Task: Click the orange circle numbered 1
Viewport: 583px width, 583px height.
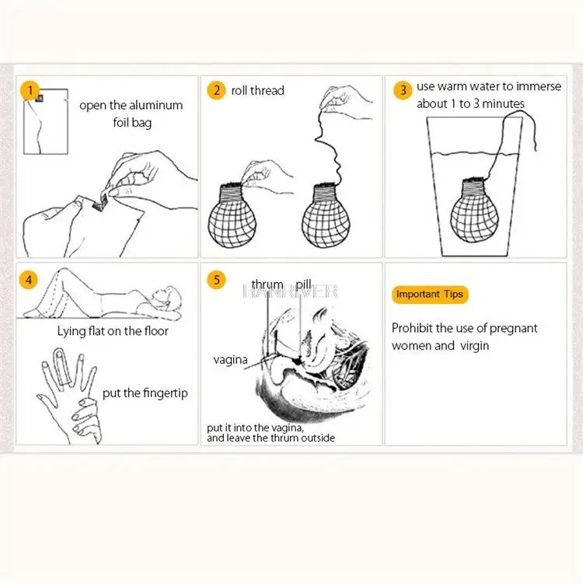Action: (x=30, y=91)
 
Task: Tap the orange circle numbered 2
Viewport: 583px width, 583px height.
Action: (x=215, y=90)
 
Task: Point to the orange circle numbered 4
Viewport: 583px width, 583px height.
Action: (x=30, y=279)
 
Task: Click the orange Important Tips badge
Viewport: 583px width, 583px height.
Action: (x=429, y=295)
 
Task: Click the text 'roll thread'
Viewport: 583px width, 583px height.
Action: (x=258, y=90)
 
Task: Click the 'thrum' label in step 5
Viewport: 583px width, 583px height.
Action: (x=267, y=285)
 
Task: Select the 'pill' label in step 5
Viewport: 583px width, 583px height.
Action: (x=303, y=285)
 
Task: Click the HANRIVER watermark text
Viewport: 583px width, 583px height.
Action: (x=291, y=291)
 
